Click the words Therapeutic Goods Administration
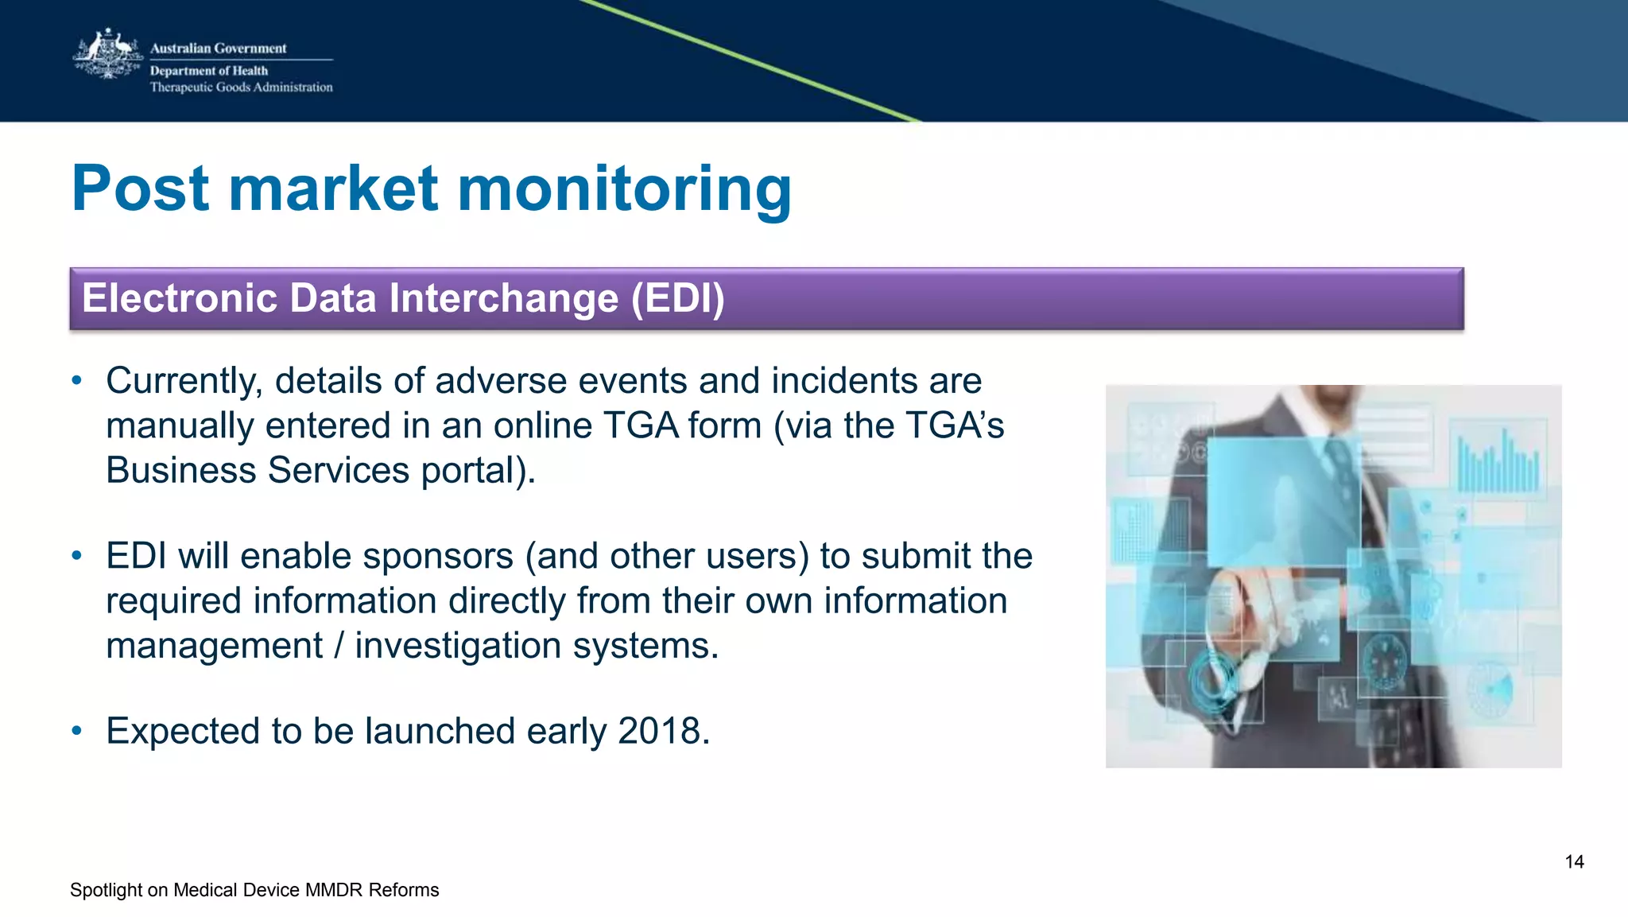click(x=241, y=87)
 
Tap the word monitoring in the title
click(x=625, y=190)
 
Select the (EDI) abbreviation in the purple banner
click(x=677, y=299)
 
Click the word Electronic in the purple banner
click(x=180, y=299)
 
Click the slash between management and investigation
click(x=339, y=646)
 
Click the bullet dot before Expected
click(x=76, y=731)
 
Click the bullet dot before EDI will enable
click(x=76, y=556)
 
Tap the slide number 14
click(x=1574, y=862)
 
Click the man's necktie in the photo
click(x=1343, y=469)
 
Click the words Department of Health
click(x=209, y=71)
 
